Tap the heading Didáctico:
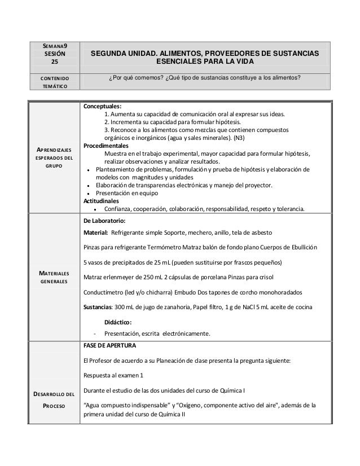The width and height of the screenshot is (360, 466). (116, 322)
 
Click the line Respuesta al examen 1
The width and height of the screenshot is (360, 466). (113, 375)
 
